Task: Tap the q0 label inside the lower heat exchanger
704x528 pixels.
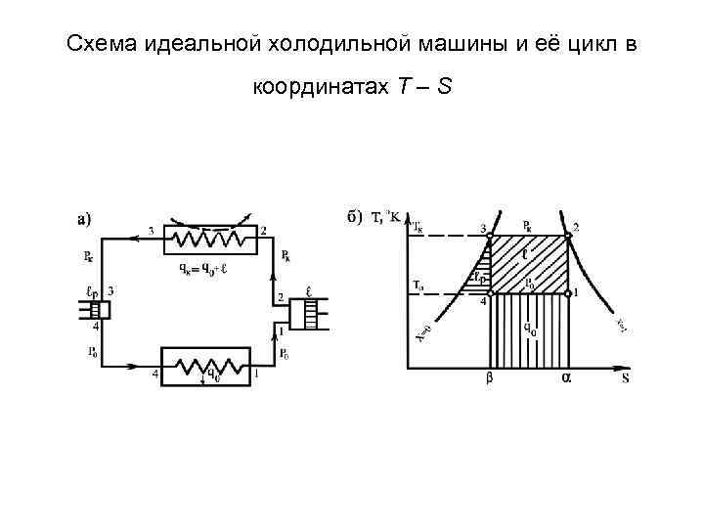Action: tap(208, 371)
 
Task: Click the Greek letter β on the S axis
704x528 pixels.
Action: tap(490, 377)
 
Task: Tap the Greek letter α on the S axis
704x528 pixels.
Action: tap(565, 377)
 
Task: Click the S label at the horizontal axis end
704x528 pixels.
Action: tap(625, 377)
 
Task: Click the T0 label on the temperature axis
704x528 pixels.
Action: tap(416, 286)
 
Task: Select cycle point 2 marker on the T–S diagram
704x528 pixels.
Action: tap(567, 236)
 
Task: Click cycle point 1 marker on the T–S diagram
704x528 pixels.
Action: tap(567, 292)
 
